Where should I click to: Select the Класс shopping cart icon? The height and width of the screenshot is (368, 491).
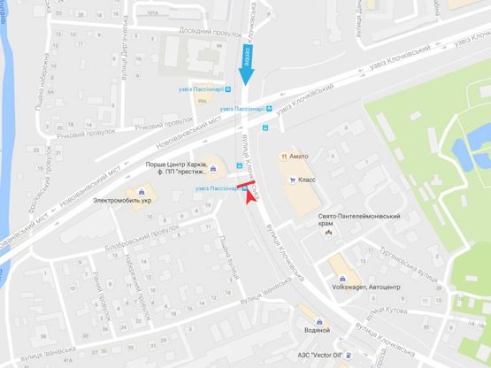(x=292, y=178)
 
